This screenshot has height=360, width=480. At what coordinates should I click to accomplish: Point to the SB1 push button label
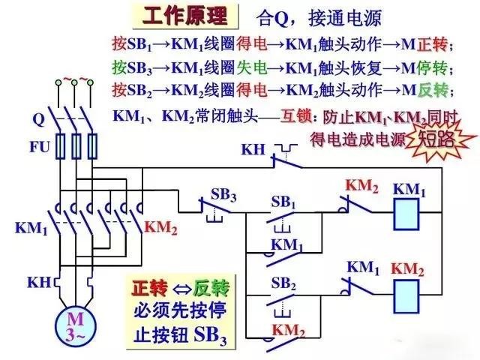click(283, 202)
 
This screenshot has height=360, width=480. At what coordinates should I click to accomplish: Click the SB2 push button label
click(283, 283)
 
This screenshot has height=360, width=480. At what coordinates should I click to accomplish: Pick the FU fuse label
click(40, 146)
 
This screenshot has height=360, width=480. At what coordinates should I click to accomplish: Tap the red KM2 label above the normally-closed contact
click(361, 185)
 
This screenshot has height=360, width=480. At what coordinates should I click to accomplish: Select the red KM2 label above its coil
click(409, 268)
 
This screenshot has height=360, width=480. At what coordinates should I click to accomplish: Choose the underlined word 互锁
click(297, 117)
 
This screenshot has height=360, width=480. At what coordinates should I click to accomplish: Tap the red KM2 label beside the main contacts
click(161, 227)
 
